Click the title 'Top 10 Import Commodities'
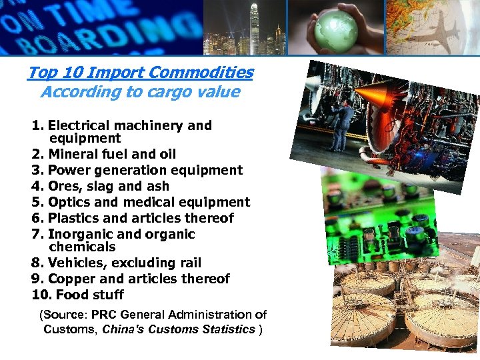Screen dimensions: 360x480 click(140, 72)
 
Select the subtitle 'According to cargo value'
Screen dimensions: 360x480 click(140, 92)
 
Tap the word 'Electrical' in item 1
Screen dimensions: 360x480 click(81, 125)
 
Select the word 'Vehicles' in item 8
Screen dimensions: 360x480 click(75, 263)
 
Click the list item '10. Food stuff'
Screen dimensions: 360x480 click(78, 295)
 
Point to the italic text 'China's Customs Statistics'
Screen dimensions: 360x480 click(178, 329)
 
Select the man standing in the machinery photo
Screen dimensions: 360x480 click(343, 123)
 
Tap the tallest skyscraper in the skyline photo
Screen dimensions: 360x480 click(254, 27)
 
